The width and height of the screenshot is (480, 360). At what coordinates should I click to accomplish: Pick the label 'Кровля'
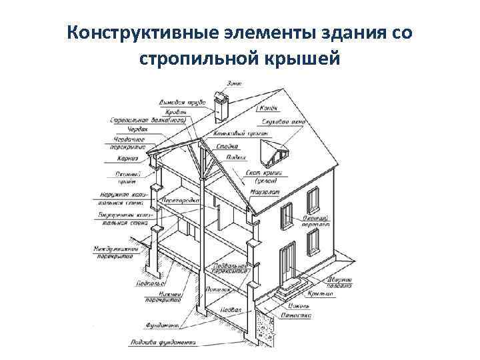182,111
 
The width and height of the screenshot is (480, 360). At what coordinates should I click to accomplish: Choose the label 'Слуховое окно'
274,122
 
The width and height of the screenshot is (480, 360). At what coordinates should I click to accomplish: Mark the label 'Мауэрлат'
261,192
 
